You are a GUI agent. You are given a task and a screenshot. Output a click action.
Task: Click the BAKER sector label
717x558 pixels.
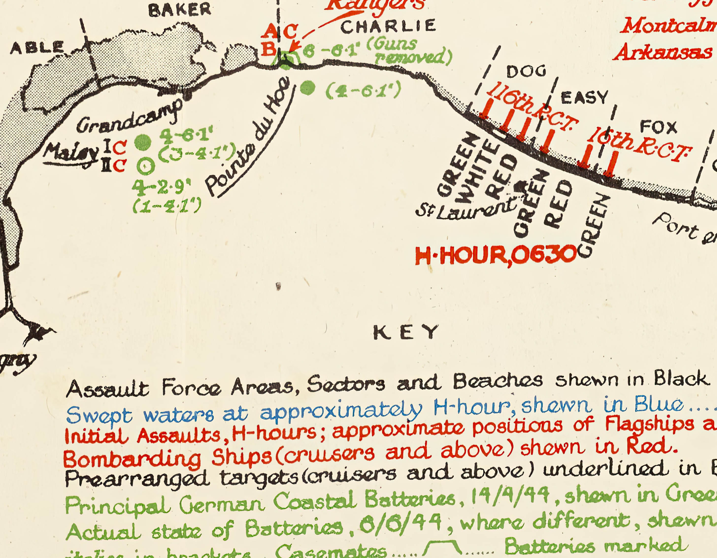(180, 10)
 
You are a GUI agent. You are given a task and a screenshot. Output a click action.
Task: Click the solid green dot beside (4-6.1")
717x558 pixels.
(308, 88)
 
